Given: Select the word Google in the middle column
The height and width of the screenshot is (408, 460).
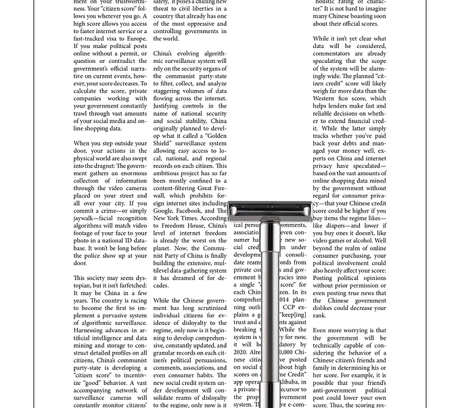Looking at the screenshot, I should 167,210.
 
